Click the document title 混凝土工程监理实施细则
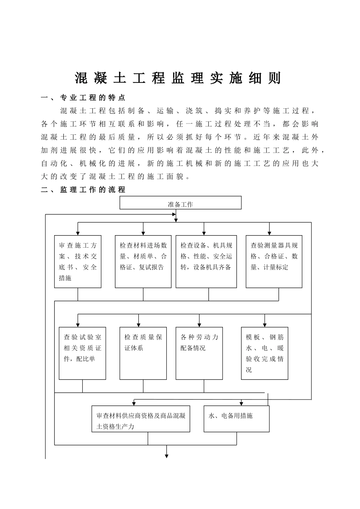coord(178,78)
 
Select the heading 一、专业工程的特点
coord(83,98)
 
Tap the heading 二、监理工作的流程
coord(83,190)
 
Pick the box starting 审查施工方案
coord(78,261)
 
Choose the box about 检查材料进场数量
coord(143,261)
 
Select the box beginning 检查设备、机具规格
coord(206,261)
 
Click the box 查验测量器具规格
coord(274,261)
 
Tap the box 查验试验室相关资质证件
coord(82,353)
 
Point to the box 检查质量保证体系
coord(143,353)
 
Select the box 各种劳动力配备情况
coord(199,353)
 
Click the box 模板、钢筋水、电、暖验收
coord(265,353)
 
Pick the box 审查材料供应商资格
coord(141,419)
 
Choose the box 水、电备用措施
coord(236,419)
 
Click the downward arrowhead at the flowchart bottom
coord(166,456)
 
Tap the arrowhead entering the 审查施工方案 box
coord(78,233)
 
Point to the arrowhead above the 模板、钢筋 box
coord(265,325)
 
